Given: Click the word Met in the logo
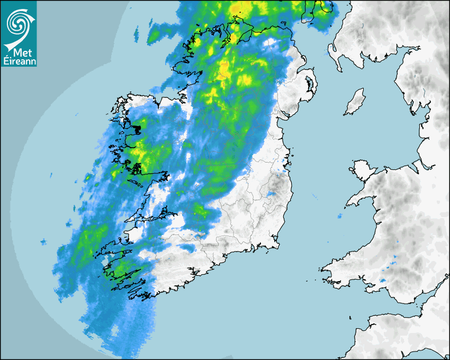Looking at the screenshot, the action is point(21,53).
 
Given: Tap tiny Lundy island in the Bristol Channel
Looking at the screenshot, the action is point(350,317).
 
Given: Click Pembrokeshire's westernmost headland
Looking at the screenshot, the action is point(322,270).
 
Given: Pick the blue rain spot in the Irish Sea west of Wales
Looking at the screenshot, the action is point(339,216).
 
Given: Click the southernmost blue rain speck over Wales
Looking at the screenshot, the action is point(383,280).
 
